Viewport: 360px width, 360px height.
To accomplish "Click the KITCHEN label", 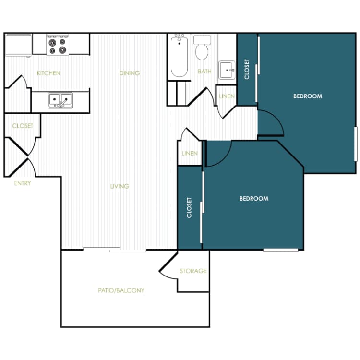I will (48, 73).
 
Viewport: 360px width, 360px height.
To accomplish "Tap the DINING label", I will (129, 73).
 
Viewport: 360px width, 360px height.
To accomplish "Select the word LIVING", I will (119, 186).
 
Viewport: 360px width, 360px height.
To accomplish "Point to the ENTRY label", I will (22, 183).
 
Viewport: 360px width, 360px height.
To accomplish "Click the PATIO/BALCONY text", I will (121, 290).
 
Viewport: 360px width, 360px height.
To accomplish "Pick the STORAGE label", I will (193, 271).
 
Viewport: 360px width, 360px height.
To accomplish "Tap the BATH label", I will (204, 72).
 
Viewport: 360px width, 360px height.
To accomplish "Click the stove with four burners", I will (58, 45).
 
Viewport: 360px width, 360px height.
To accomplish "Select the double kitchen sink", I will (60, 100).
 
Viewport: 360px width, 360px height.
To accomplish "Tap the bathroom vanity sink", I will (227, 70).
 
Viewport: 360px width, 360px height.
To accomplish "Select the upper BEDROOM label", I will (308, 96).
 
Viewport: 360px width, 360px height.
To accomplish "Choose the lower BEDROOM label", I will (253, 198).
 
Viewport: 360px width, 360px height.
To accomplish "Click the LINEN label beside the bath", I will (227, 96).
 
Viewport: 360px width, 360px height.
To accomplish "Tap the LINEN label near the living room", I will (190, 154).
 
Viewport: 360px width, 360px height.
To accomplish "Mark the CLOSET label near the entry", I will (23, 126).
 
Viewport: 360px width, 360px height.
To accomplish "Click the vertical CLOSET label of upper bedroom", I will (247, 69).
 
